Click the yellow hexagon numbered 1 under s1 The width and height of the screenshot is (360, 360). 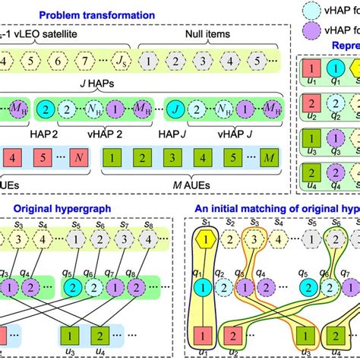pos(201,237)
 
